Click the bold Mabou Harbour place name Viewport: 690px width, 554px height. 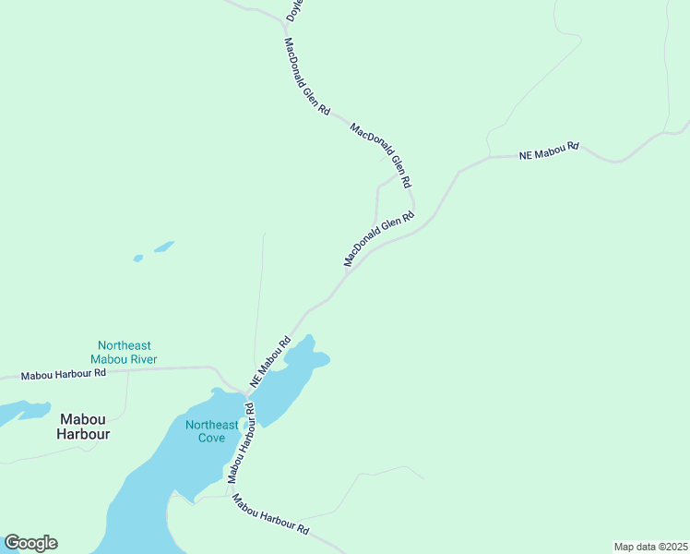83,426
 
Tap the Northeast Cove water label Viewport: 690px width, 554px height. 211,431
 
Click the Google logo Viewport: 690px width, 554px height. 30,543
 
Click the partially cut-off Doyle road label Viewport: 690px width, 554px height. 294,11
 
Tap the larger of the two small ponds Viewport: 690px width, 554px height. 164,247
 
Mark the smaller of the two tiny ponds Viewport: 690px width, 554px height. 138,259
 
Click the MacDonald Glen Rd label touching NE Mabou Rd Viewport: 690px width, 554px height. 379,239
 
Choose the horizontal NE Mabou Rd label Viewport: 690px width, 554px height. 549,151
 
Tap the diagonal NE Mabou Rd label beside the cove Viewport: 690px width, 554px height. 270,360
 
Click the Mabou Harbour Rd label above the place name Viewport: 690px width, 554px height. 64,374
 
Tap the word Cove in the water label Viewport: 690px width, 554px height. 211,438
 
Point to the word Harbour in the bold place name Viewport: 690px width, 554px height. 83,433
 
